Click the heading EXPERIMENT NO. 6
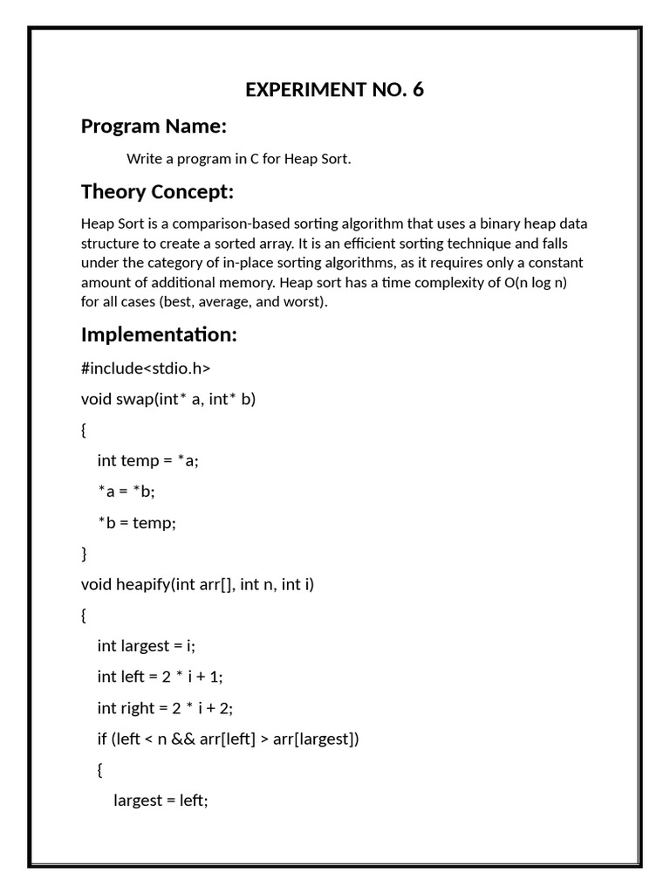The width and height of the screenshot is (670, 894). coord(334,90)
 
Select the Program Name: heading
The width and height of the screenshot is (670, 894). coord(154,127)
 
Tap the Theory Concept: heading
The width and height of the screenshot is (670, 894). coord(157,191)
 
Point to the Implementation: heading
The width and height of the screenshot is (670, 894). coord(159,334)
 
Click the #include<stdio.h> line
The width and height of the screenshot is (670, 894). coord(146,368)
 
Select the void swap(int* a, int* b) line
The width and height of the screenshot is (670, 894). coord(168,399)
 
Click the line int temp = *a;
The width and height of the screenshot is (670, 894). coord(148,460)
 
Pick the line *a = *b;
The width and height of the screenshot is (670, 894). coord(126,492)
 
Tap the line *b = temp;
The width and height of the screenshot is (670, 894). coord(137,522)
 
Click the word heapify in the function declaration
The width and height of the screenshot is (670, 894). coord(144,584)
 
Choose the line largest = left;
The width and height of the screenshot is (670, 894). coord(161,801)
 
